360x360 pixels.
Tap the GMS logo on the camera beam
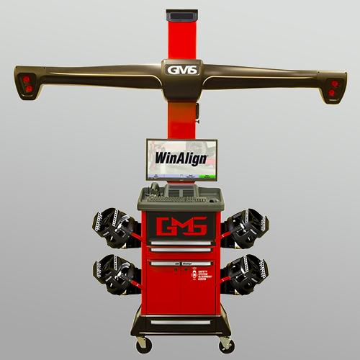coord(179,69)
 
